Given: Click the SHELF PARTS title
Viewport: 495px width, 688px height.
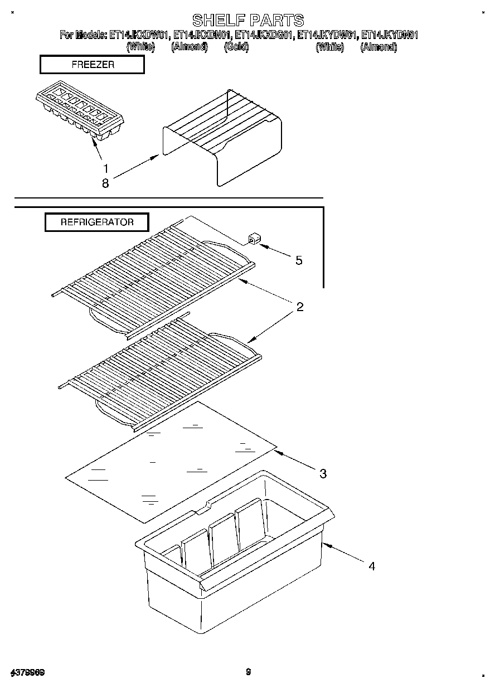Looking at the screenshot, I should pos(248,21).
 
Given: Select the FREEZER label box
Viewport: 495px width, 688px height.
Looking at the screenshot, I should pos(93,65).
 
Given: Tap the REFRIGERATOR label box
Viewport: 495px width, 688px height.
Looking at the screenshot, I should pos(97,222).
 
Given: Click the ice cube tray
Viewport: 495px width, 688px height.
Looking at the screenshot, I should pos(80,113).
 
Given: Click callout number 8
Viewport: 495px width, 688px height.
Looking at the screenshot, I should pos(105,183).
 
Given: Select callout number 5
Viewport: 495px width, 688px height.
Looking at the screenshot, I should pos(299,260).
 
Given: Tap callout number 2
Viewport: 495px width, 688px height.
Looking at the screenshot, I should pos(299,307).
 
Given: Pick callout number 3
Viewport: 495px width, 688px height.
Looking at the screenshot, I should pos(323,474).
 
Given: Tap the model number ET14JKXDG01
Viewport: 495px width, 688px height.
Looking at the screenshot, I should pos(265,35).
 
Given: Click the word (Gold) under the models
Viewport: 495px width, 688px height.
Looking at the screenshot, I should pos(236,47).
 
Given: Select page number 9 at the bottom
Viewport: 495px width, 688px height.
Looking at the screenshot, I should pos(248,672).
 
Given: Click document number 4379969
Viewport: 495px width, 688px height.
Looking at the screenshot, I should pos(27,672).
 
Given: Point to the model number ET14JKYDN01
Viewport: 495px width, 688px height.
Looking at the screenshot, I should pos(390,35).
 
